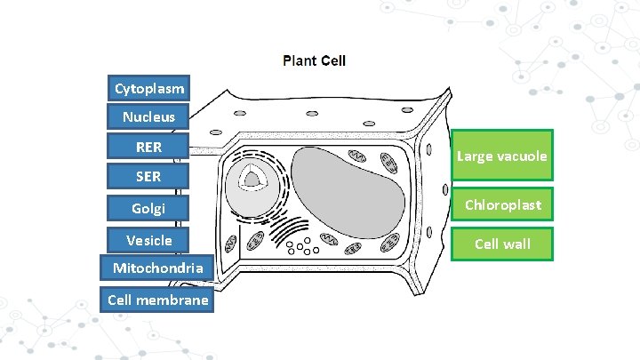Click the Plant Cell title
point(314,61)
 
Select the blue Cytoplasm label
point(149,88)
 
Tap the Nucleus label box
point(148,116)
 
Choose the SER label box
point(148,176)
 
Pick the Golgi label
point(148,209)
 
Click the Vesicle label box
point(148,240)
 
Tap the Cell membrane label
point(157,300)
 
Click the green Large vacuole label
point(502,156)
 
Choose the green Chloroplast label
point(502,204)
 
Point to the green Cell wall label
point(502,244)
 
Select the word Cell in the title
point(333,61)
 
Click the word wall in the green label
point(517,244)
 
